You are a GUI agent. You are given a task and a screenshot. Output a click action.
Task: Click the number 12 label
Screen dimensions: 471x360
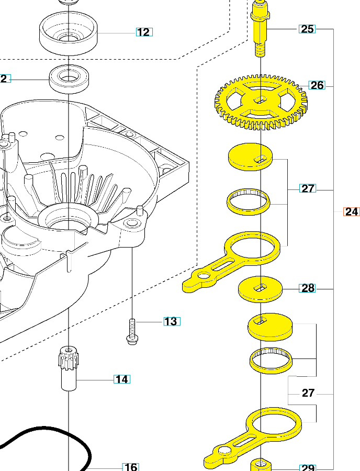[143, 32]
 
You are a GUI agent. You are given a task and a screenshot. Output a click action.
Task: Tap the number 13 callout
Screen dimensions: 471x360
[171, 321]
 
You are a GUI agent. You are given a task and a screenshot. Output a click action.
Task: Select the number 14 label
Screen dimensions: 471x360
[122, 379]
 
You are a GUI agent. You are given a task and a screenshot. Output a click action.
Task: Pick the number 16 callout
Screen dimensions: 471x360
[130, 467]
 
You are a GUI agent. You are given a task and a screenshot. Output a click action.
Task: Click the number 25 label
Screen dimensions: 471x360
[307, 29]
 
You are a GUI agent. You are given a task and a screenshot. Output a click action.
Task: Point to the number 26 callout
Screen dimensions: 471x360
[317, 85]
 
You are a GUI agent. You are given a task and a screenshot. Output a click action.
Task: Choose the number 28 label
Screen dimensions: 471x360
[308, 288]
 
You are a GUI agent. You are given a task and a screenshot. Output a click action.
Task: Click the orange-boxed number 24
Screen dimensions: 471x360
[352, 212]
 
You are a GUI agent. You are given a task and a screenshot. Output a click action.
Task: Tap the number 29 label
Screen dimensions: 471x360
[307, 467]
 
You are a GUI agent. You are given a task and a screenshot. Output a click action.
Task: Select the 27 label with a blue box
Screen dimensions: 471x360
[308, 188]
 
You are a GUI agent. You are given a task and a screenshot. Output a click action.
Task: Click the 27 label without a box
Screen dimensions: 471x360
[308, 393]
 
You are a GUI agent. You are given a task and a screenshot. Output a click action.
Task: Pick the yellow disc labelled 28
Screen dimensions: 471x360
[260, 288]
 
